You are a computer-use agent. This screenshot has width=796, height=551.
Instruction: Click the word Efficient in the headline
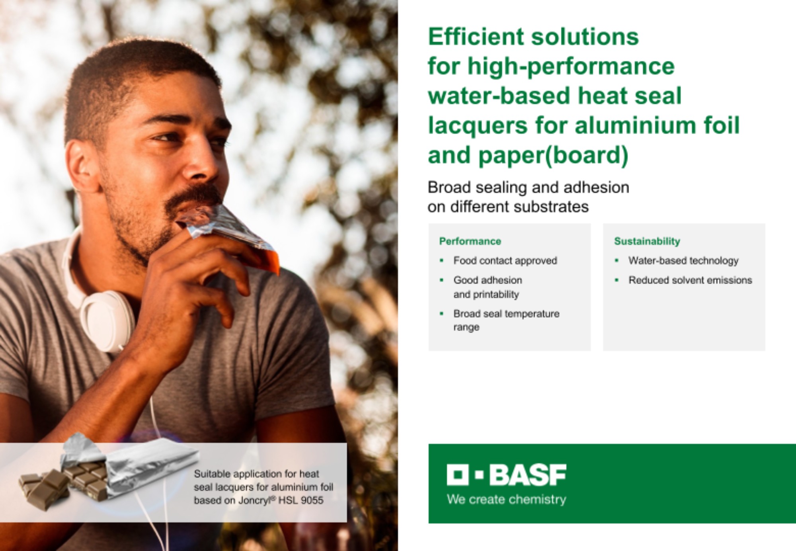(x=476, y=37)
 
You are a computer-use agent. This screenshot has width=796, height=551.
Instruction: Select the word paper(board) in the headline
(x=554, y=155)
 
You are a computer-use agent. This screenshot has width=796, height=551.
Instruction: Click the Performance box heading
(x=470, y=241)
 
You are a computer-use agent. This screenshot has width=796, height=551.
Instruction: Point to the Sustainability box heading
(x=647, y=241)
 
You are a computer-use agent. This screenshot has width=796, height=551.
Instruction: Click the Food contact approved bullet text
(x=505, y=261)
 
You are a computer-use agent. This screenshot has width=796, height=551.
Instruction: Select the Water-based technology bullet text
(x=683, y=261)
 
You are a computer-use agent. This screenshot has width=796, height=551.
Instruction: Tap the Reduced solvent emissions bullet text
(x=690, y=280)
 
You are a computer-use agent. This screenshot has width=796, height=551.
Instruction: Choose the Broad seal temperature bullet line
(x=506, y=314)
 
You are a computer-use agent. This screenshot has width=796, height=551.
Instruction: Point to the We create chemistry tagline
(x=506, y=499)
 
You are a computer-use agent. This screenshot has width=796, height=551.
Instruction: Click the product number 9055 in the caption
(x=312, y=500)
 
